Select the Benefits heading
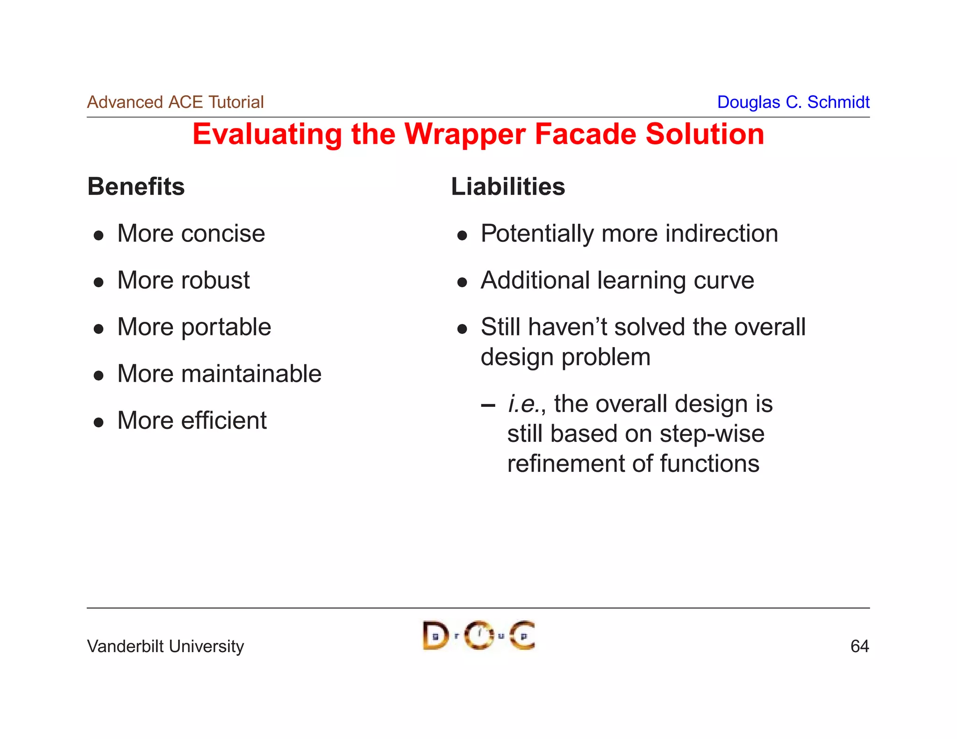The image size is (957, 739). coord(136,186)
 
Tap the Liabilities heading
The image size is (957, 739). coord(508,186)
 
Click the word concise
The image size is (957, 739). coord(223,234)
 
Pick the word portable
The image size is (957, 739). coord(226,327)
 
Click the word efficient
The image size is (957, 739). coord(223,420)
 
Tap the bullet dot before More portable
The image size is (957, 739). coord(99,329)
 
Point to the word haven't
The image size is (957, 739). coord(567,327)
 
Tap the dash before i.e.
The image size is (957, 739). coord(487,405)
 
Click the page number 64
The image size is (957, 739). coord(859,646)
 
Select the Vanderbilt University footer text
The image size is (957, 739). coord(165,646)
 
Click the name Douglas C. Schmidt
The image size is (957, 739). coord(793,102)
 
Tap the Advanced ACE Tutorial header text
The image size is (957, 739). coord(175,102)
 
